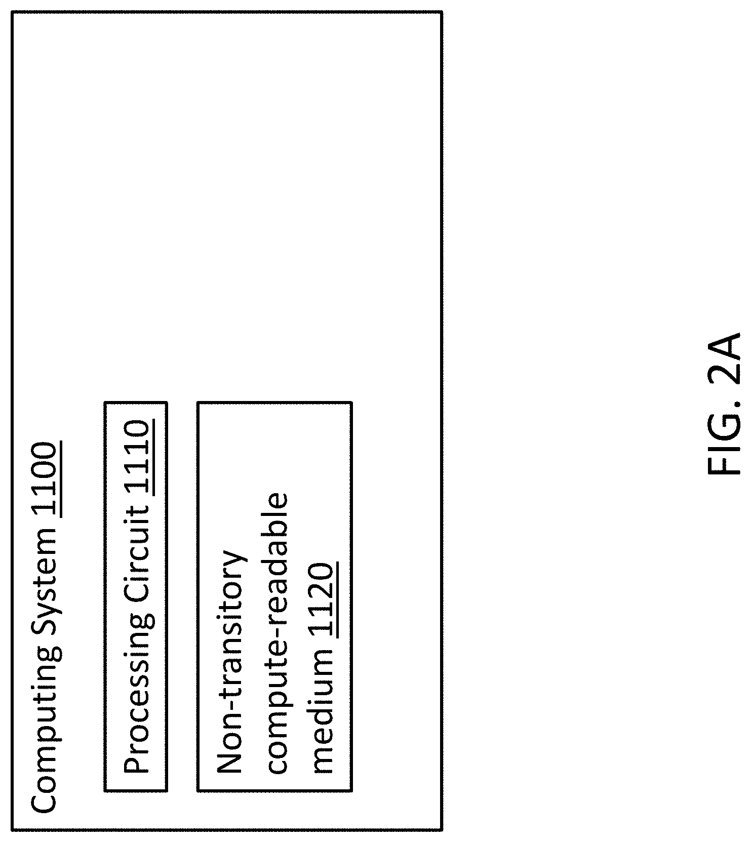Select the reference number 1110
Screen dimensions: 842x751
click(x=137, y=458)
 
